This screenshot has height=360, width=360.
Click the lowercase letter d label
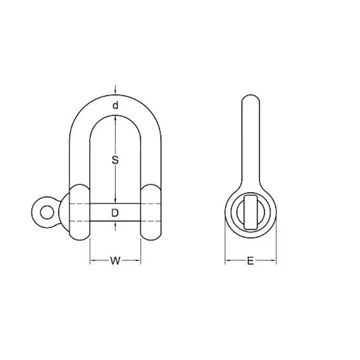click(x=116, y=105)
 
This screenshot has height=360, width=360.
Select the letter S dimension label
click(x=115, y=160)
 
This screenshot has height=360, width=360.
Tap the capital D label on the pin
click(x=115, y=213)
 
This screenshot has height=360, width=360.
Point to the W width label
click(x=115, y=261)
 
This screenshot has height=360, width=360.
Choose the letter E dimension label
click(x=250, y=261)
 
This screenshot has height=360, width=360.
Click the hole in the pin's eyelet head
click(x=47, y=212)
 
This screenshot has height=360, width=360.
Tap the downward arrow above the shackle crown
click(x=116, y=90)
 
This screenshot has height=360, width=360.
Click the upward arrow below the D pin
click(x=116, y=226)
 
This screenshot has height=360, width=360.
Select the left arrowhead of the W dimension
click(x=92, y=260)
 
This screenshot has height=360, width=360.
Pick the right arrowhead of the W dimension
click(x=138, y=260)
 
